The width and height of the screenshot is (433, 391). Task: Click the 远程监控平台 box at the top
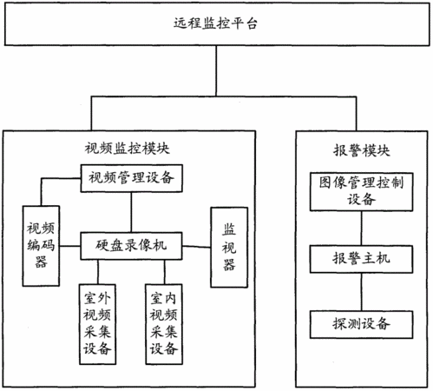tap(217, 24)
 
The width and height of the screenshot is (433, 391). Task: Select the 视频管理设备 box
tap(131, 178)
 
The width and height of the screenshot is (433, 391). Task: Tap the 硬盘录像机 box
tap(131, 246)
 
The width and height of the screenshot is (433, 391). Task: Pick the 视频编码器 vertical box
tap(41, 246)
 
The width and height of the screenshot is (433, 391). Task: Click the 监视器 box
tap(229, 248)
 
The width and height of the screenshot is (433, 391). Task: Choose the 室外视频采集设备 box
tap(97, 324)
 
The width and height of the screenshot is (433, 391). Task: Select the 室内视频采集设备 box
tap(164, 324)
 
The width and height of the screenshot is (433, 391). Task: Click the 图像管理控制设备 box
tap(361, 192)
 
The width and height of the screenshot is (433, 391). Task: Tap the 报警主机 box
tap(361, 259)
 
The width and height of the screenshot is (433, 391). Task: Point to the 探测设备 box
tap(361, 324)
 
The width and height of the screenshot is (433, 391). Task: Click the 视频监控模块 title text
tap(127, 149)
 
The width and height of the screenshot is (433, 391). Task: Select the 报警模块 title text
tap(362, 150)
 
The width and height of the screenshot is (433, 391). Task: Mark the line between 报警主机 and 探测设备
tap(361, 292)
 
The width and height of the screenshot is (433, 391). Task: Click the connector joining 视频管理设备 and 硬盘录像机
tap(131, 212)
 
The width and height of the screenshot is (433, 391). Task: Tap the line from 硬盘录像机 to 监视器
tap(196, 247)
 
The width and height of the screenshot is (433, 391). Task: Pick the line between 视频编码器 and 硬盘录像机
tap(70, 246)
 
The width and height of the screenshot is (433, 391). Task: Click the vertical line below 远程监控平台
tap(216, 71)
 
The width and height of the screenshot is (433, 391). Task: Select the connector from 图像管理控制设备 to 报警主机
tap(361, 229)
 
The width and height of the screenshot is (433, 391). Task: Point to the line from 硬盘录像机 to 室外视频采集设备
tap(98, 272)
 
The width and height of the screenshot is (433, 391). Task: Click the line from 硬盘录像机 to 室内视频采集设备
tap(165, 272)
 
